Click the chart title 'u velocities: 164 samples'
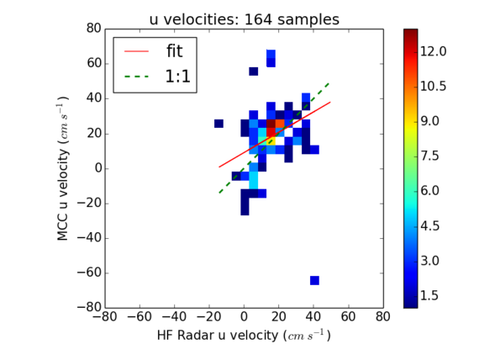point(244,19)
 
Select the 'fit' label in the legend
point(175,50)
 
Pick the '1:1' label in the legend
point(178,77)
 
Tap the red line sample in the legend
point(136,51)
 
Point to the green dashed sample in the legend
point(136,77)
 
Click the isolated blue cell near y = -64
point(314,280)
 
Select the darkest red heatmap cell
point(271,124)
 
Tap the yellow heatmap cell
point(271,141)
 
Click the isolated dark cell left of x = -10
point(218,124)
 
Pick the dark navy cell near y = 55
point(254,71)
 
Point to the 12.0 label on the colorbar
point(433,51)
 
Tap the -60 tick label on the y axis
point(88,273)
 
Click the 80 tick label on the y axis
point(94,29)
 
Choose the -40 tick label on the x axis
point(175,316)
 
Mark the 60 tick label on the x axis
point(349,316)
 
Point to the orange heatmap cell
point(280,124)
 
